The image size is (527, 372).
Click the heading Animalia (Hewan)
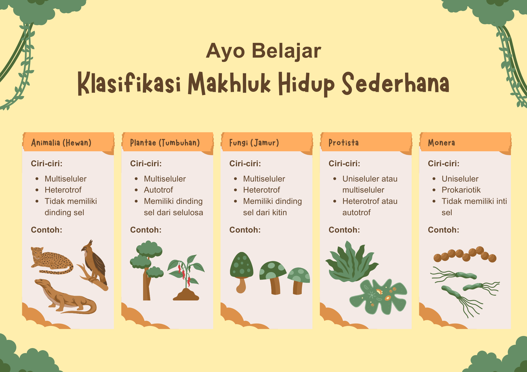coord(61,143)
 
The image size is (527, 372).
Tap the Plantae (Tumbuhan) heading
coord(165,143)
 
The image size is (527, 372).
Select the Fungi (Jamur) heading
coord(254,143)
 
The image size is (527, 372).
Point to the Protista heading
coord(344,143)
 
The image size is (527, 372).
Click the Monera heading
coord(441,143)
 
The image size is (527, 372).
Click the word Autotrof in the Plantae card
coord(158,190)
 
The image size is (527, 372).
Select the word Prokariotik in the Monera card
coord(461,190)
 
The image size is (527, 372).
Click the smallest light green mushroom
coord(298,279)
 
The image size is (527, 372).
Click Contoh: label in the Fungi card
coord(245,230)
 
